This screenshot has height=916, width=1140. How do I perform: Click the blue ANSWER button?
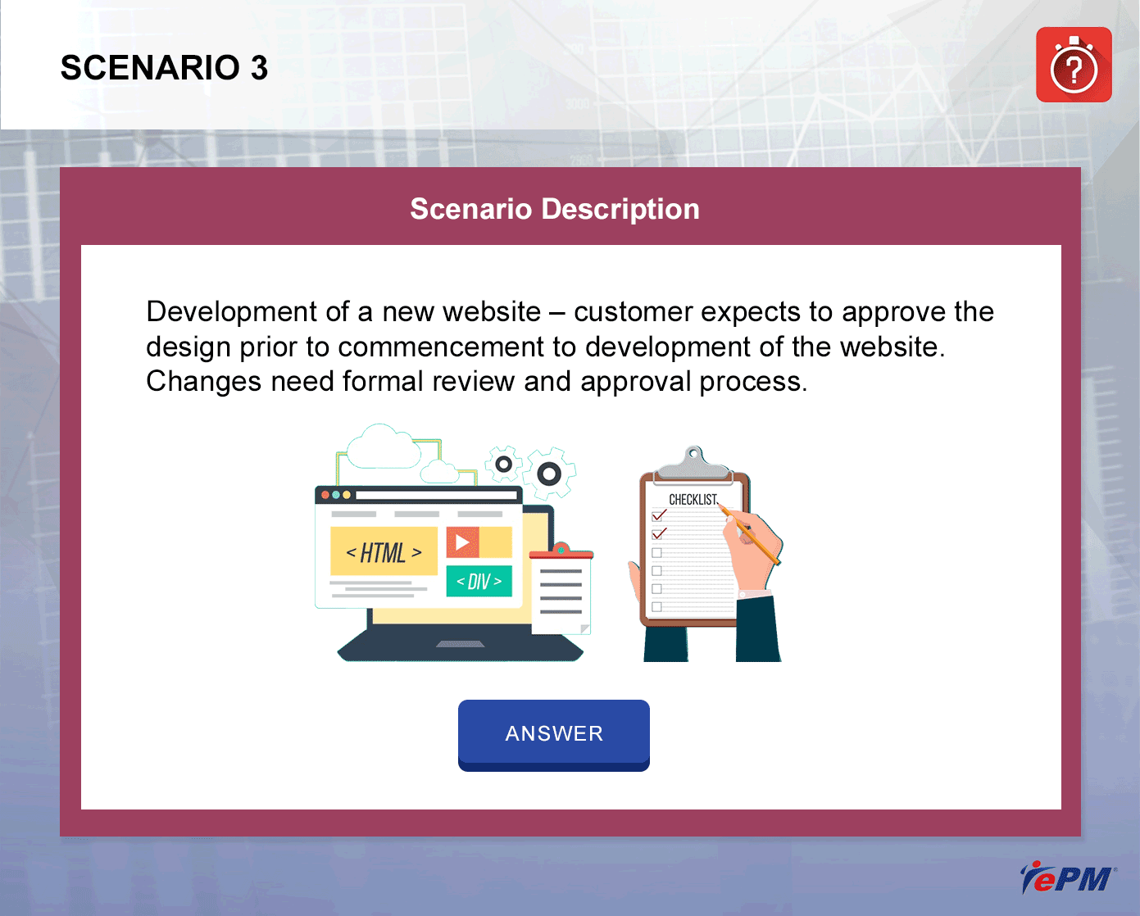click(553, 735)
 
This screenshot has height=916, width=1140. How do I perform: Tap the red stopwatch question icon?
click(1074, 65)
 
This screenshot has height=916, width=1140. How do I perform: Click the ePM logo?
click(1067, 877)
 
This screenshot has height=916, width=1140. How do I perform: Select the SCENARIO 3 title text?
click(164, 68)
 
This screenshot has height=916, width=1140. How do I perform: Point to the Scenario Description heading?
click(555, 209)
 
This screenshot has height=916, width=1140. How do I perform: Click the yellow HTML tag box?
click(384, 551)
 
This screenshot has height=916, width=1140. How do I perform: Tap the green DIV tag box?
click(479, 581)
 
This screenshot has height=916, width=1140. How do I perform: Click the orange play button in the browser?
click(462, 542)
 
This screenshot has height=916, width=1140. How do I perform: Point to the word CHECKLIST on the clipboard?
click(693, 500)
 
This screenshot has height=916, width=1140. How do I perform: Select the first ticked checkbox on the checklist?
click(658, 515)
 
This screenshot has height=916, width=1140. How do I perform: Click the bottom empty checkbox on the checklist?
click(657, 606)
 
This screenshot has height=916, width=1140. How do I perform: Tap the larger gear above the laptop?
click(549, 473)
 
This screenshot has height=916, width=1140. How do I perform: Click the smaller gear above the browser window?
click(504, 465)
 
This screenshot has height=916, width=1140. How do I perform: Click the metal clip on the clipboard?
click(693, 465)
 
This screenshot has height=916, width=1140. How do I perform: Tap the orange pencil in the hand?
click(749, 534)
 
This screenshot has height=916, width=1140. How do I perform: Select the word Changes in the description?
click(203, 382)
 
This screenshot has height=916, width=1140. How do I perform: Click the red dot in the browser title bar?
click(325, 495)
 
